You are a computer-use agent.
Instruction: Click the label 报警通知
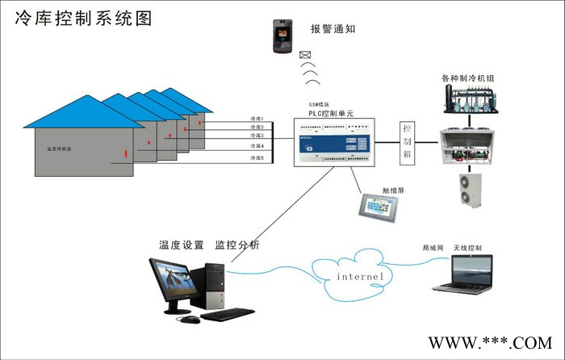[x=333, y=29]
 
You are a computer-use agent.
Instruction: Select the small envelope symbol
[x=306, y=56]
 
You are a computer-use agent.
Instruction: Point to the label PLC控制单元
[x=332, y=113]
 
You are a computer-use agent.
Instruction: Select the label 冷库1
[x=257, y=119]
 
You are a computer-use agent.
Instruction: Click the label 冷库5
[x=257, y=159]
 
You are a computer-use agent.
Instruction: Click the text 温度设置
[x=181, y=245]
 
